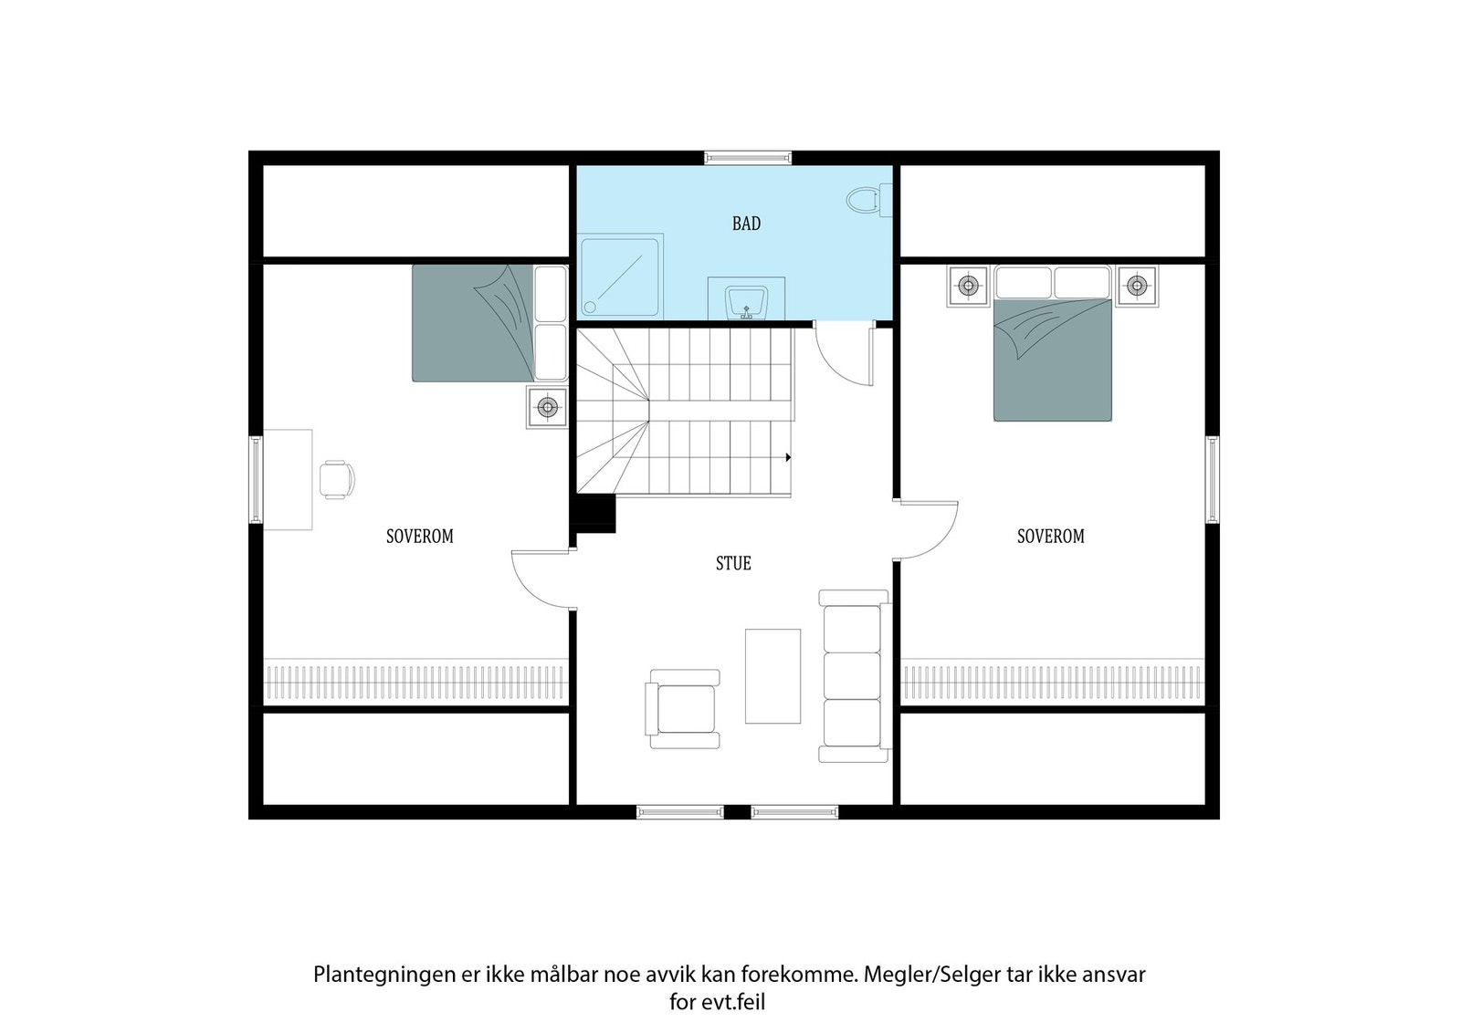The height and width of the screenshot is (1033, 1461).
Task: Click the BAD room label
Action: (x=746, y=224)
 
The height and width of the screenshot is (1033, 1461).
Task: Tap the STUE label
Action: (x=733, y=564)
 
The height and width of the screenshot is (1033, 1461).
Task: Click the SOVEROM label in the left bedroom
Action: (x=419, y=537)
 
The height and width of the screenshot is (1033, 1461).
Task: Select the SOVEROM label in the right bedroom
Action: (x=1050, y=537)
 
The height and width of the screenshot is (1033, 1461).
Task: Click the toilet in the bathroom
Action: (x=863, y=200)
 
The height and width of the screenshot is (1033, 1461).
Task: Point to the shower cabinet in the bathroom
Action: (x=620, y=277)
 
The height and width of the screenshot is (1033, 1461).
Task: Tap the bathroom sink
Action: (x=747, y=299)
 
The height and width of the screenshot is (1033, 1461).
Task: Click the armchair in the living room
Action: (x=683, y=709)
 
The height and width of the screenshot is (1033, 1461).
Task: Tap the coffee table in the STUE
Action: (x=773, y=676)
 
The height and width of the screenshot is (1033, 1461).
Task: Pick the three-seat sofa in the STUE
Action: (x=853, y=676)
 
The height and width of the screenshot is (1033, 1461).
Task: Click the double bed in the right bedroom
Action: (x=1052, y=356)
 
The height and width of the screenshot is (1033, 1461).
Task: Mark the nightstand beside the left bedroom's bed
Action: (x=546, y=407)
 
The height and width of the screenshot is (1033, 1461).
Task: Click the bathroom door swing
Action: (x=842, y=356)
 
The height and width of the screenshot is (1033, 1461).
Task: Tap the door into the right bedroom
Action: (x=927, y=529)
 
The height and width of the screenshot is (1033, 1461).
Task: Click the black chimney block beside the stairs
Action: (x=594, y=513)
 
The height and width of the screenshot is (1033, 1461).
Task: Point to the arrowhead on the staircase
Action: (x=787, y=457)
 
